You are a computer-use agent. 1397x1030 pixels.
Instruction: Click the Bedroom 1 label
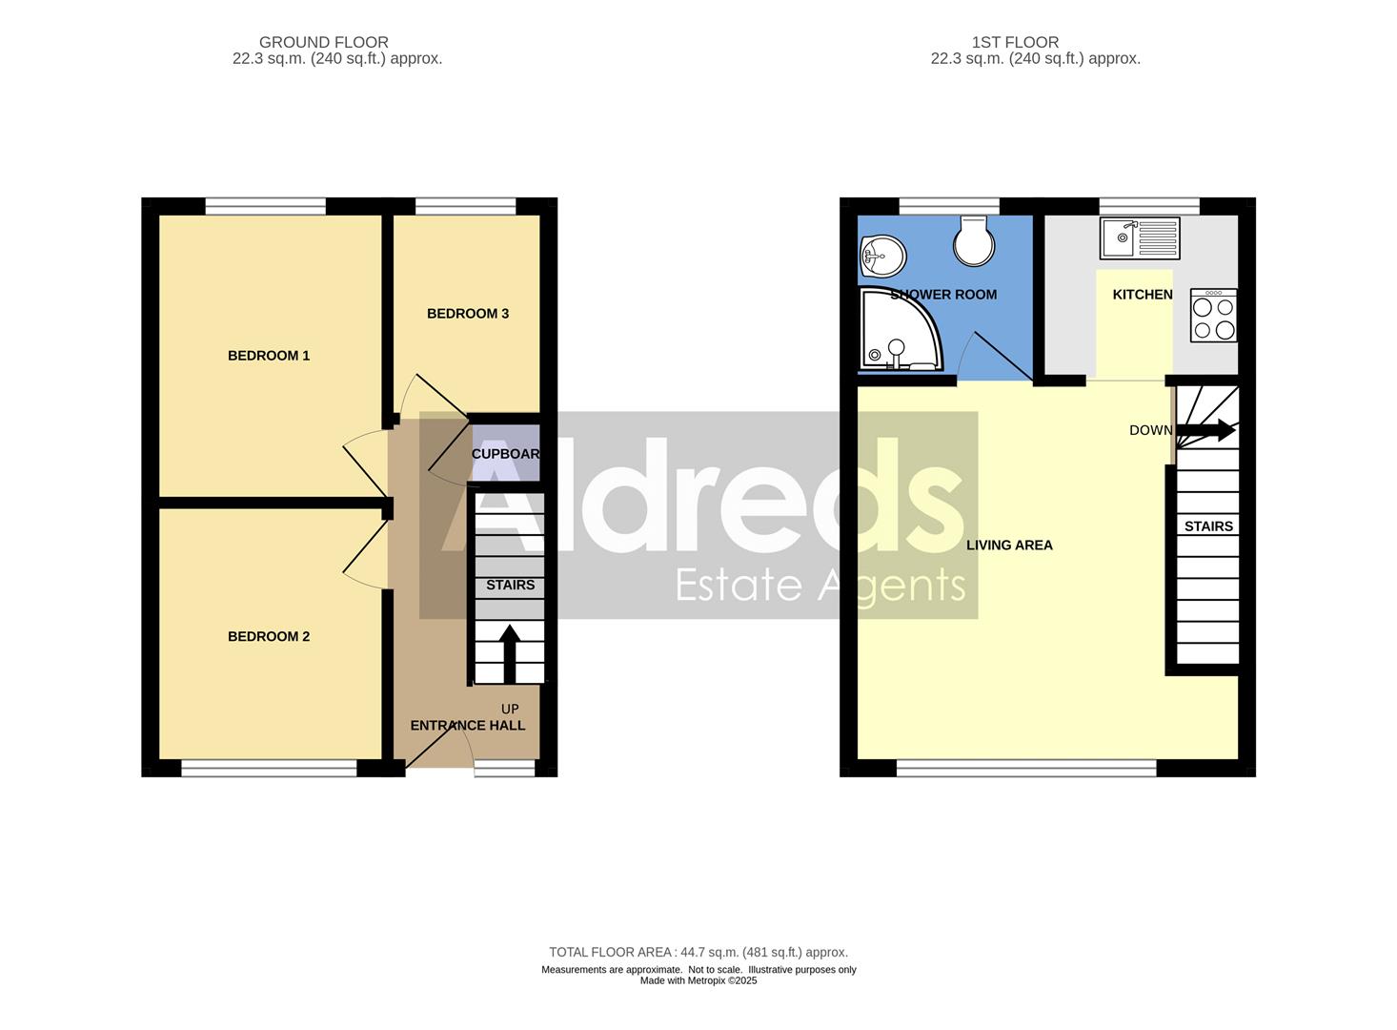click(x=269, y=356)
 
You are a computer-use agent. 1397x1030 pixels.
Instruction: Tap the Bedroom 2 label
click(x=269, y=637)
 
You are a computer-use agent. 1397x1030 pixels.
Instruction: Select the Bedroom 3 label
click(x=467, y=314)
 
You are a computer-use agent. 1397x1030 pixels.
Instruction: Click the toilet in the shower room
click(x=974, y=240)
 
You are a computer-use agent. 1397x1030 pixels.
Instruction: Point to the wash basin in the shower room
click(x=881, y=256)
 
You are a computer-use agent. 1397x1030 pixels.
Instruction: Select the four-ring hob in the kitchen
click(x=1214, y=317)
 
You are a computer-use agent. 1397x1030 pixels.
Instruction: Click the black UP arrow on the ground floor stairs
click(x=509, y=652)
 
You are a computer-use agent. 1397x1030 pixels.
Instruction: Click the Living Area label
click(x=1009, y=546)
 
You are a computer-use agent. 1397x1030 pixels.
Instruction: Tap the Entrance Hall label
click(x=467, y=726)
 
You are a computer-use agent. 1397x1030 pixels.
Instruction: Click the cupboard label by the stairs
click(x=505, y=454)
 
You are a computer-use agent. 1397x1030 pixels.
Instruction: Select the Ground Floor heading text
click(x=324, y=42)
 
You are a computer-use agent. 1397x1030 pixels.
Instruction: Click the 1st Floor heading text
click(x=1015, y=42)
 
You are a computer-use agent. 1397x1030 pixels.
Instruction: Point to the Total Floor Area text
click(x=698, y=952)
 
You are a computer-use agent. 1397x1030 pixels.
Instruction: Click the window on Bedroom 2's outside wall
click(x=270, y=769)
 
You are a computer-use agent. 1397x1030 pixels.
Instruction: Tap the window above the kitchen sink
click(x=1148, y=206)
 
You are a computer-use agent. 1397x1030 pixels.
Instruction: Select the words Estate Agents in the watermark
click(x=820, y=584)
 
